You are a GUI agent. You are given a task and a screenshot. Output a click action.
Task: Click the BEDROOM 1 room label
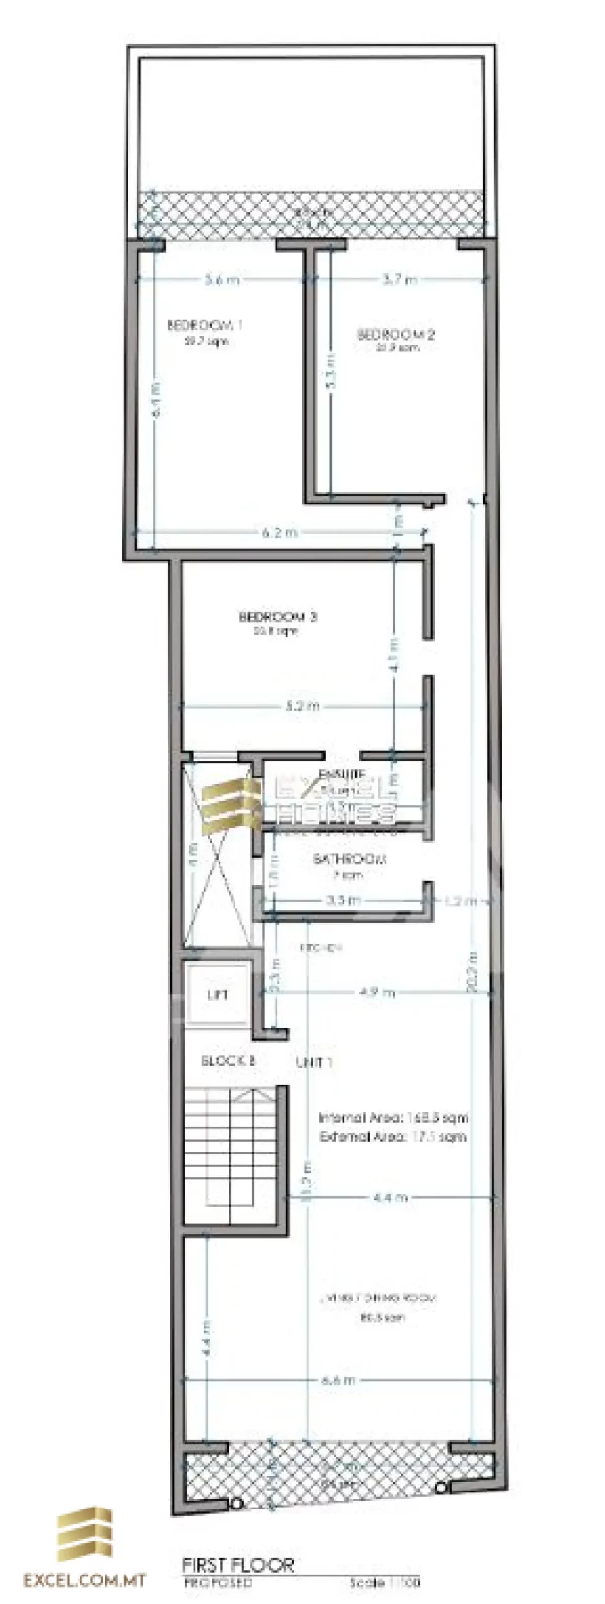[205, 325]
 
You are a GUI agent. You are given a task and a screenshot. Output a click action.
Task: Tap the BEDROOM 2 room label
[396, 334]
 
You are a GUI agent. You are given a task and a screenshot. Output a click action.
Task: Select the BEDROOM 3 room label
[277, 617]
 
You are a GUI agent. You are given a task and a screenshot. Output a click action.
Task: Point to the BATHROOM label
[349, 859]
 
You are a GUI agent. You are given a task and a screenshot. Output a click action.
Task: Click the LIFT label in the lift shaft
[217, 995]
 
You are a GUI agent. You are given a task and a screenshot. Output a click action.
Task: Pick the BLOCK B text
[228, 1061]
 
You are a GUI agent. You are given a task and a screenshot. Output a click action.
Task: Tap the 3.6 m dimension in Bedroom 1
[222, 280]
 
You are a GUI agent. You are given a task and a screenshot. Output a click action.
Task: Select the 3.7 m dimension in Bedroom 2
[400, 279]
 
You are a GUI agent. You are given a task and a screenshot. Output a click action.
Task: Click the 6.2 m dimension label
[280, 533]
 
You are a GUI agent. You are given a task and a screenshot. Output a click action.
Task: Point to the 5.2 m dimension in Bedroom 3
[302, 706]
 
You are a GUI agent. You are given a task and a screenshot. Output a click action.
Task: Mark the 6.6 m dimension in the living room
[339, 1380]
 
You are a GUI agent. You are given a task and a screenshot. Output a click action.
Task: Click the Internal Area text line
[393, 1118]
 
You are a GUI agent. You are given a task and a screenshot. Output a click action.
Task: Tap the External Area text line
[393, 1137]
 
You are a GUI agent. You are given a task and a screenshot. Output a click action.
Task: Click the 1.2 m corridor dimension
[461, 901]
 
